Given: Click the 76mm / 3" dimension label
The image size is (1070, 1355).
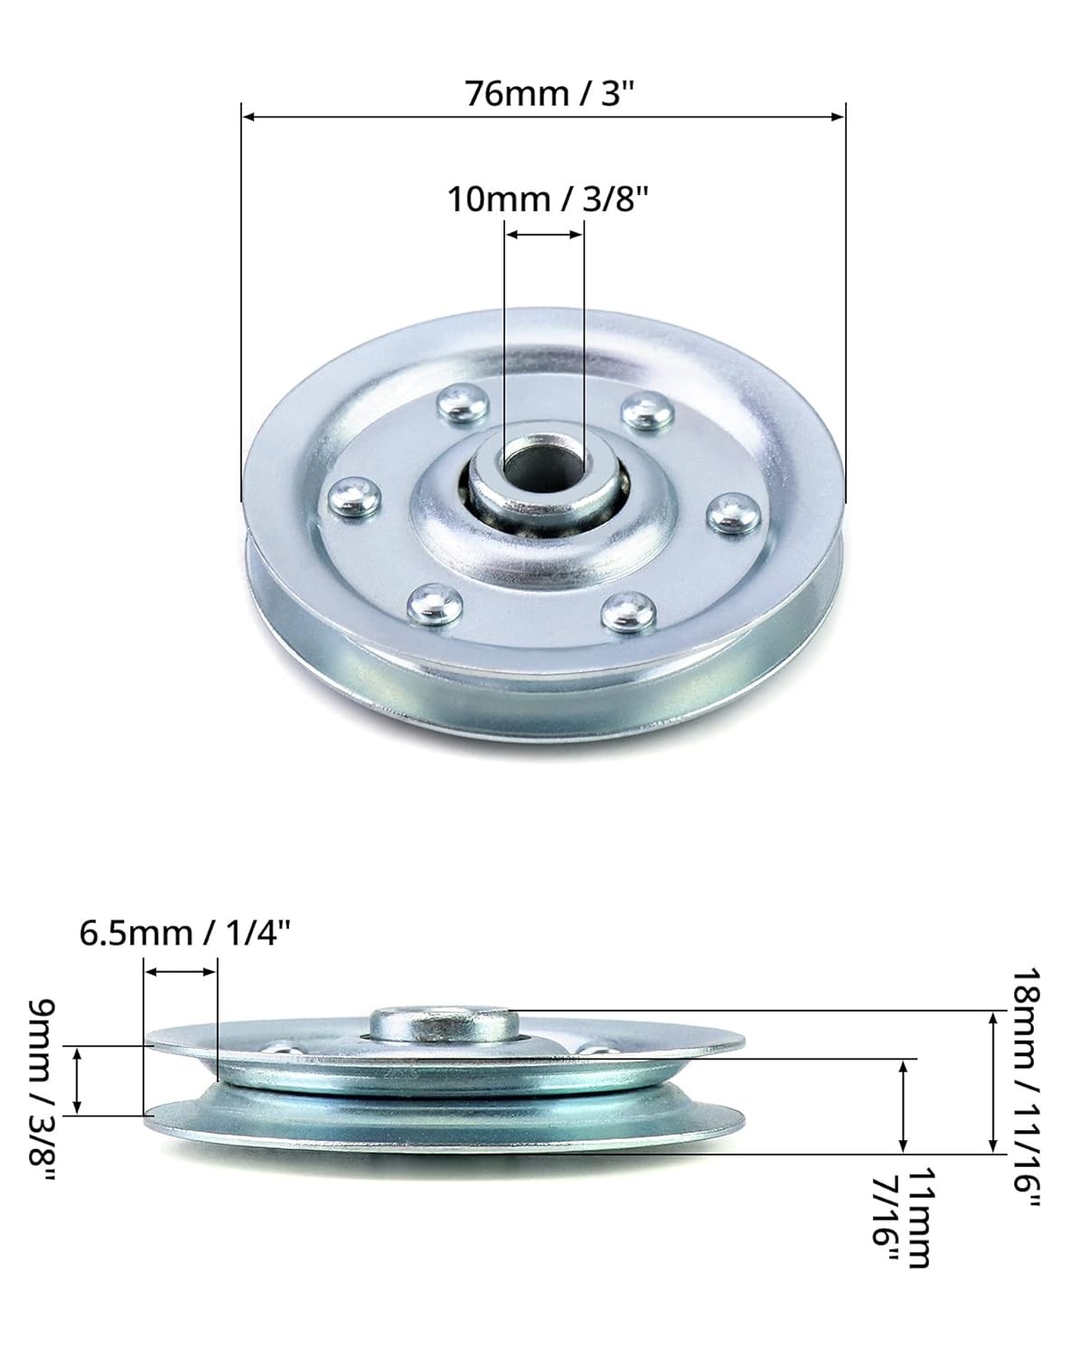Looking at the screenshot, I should tap(544, 92).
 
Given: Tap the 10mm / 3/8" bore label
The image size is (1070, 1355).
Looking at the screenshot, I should tap(549, 198).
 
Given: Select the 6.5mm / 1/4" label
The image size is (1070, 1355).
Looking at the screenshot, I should tap(185, 931).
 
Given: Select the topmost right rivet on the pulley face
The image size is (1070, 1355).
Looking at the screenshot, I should tap(647, 411).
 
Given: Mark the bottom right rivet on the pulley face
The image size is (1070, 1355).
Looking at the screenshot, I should tap(629, 610).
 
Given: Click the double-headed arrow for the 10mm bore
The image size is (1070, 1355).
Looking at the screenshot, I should tap(544, 234).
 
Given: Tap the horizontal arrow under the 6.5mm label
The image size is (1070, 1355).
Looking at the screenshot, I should tap(181, 971).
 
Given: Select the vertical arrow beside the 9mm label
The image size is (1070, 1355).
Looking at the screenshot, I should tap(78, 1079).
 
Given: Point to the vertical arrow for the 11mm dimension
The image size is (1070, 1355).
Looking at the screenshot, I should tap(904, 1107).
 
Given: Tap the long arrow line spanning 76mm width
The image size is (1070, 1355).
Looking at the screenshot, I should tap(544, 116).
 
